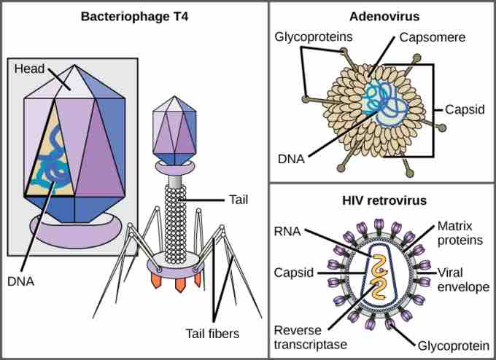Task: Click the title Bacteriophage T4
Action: pos(134,15)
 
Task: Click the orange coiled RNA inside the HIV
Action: pos(377,281)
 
